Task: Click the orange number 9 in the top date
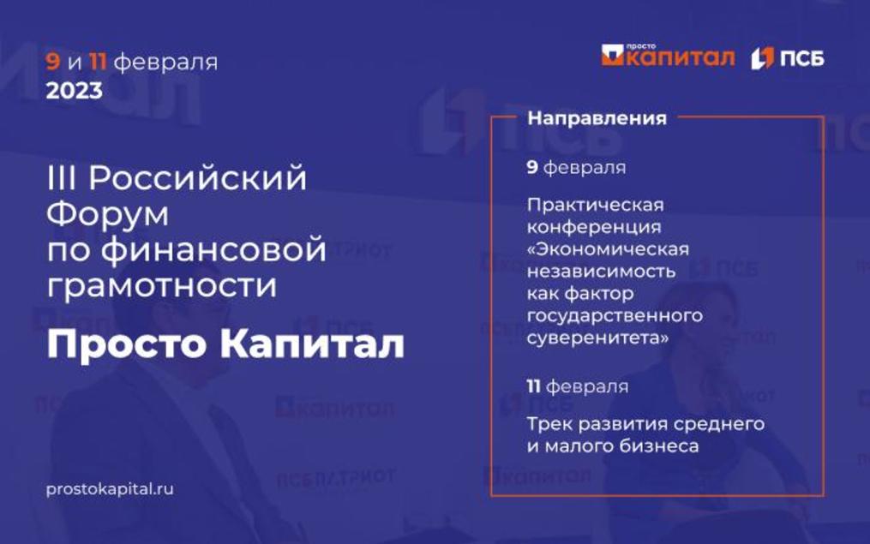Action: pyautogui.click(x=52, y=61)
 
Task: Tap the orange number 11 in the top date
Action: pyautogui.click(x=98, y=61)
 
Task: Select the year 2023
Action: pyautogui.click(x=75, y=91)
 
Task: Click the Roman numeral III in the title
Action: pyautogui.click(x=61, y=178)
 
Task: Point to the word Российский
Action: pyautogui.click(x=197, y=178)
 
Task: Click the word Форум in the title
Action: pyautogui.click(x=107, y=215)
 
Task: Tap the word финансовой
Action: pyautogui.click(x=213, y=249)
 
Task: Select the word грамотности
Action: pyautogui.click(x=161, y=286)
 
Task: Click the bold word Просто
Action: pyautogui.click(x=127, y=344)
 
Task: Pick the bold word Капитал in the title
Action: pyautogui.click(x=312, y=344)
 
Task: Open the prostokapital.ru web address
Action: pyautogui.click(x=110, y=490)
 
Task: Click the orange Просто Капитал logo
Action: pyautogui.click(x=668, y=56)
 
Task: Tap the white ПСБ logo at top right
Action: pyautogui.click(x=788, y=58)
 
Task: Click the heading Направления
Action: pyautogui.click(x=597, y=119)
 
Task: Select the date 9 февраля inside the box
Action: pyautogui.click(x=577, y=167)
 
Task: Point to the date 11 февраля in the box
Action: pyautogui.click(x=578, y=386)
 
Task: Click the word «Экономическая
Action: pyautogui.click(x=608, y=249)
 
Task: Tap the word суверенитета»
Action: pyautogui.click(x=598, y=338)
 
